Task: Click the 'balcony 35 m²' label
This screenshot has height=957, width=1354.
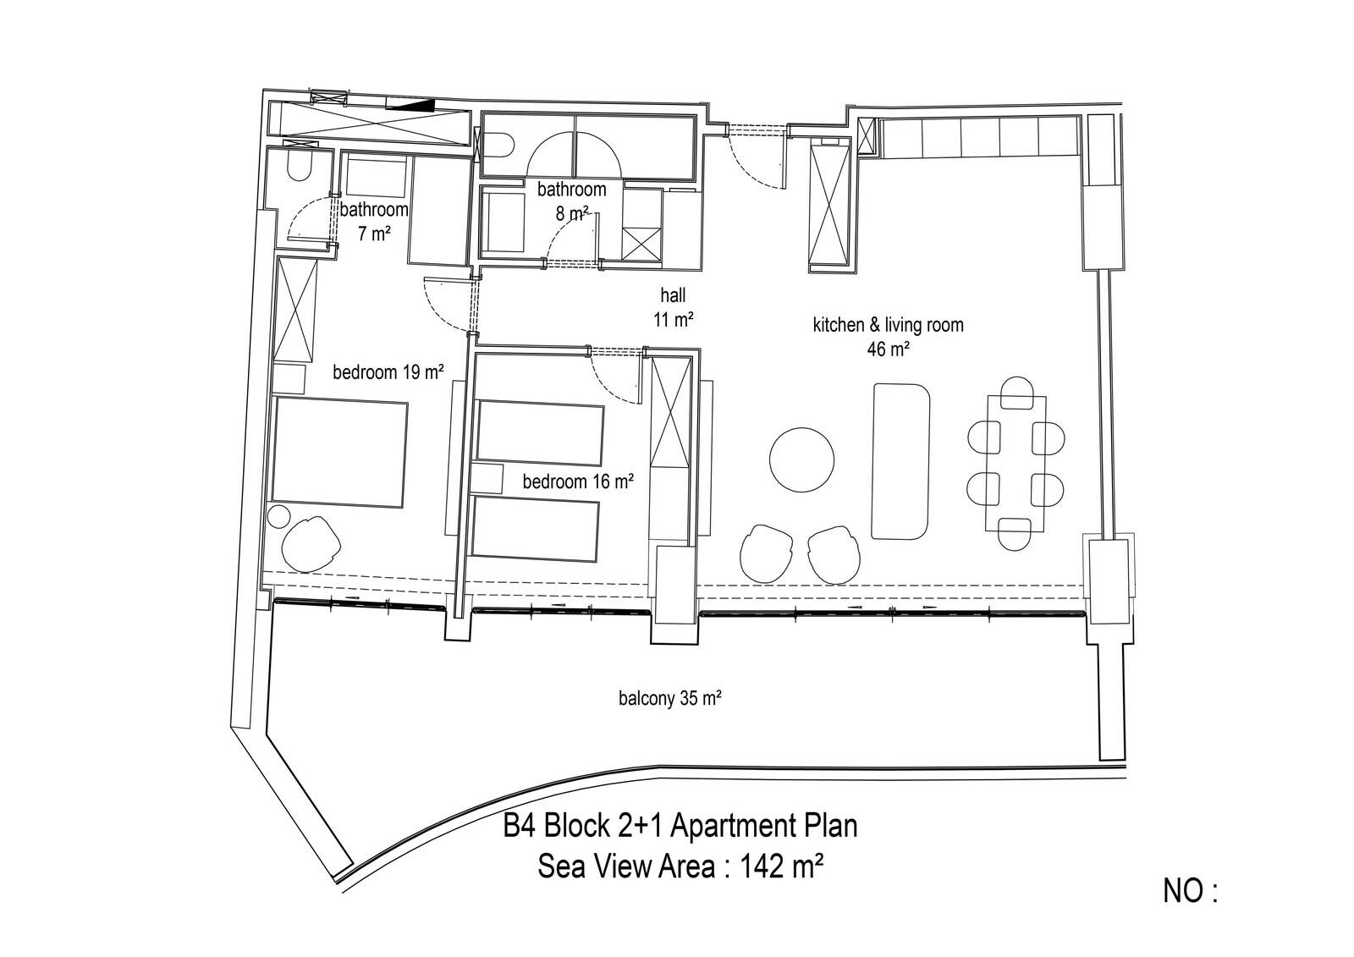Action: [669, 698]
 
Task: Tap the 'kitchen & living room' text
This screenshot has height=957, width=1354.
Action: [888, 325]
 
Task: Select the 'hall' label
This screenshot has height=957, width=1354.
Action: [673, 295]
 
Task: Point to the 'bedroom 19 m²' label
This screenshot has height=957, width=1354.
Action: [388, 371]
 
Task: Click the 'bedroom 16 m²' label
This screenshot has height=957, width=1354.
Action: [578, 481]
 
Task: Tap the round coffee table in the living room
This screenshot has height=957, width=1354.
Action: [801, 460]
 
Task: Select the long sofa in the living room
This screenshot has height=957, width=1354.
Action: [900, 460]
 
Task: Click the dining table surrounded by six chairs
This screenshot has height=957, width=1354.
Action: [1015, 464]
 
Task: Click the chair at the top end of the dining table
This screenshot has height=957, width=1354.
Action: [1016, 392]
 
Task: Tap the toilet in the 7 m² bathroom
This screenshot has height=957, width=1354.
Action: [299, 165]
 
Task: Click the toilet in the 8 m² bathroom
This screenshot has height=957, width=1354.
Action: [499, 145]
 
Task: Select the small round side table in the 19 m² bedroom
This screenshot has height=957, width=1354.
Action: [279, 518]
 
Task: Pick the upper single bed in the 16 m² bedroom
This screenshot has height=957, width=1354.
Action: [540, 432]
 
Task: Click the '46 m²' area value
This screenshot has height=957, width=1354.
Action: [889, 349]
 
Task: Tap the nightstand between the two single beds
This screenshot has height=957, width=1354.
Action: [487, 479]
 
